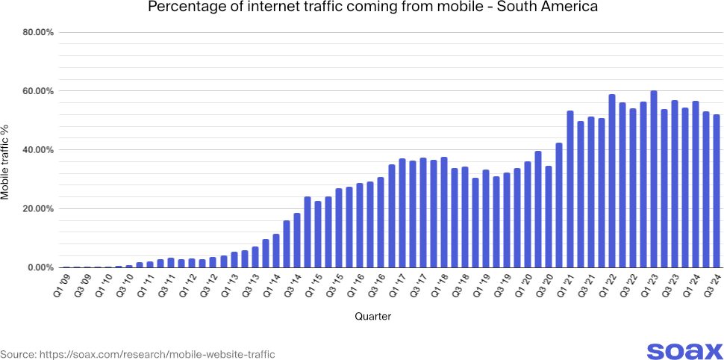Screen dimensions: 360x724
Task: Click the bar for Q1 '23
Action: tap(654, 179)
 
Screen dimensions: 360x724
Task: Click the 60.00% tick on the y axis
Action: tap(36, 91)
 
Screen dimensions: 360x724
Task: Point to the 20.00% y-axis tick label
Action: tap(36, 208)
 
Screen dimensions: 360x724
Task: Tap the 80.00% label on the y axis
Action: tap(36, 33)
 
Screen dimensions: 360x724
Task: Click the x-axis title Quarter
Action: tap(373, 317)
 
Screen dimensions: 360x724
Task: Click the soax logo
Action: tap(684, 351)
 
